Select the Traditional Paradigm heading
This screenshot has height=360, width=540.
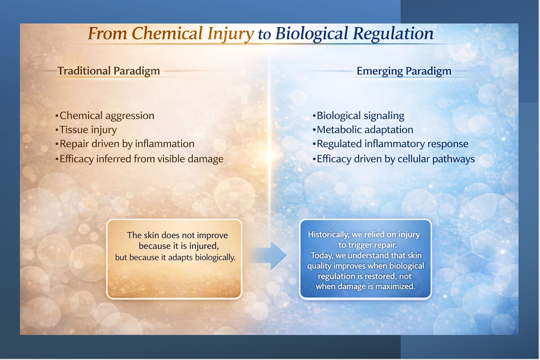click(108, 71)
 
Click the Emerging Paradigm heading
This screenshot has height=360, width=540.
click(404, 71)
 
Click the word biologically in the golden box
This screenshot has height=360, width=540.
click(215, 257)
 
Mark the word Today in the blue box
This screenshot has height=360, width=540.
click(322, 255)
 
